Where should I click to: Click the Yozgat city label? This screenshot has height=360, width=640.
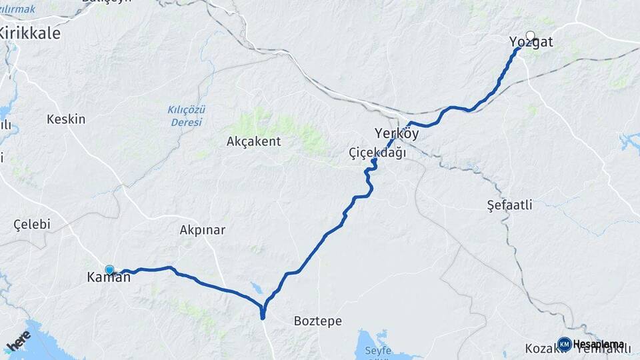pyautogui.click(x=531, y=43)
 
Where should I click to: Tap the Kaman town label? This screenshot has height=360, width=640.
pyautogui.click(x=109, y=278)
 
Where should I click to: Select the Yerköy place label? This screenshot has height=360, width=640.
pyautogui.click(x=397, y=133)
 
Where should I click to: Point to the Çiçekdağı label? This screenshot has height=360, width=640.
pyautogui.click(x=377, y=153)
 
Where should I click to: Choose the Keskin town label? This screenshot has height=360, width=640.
pyautogui.click(x=66, y=119)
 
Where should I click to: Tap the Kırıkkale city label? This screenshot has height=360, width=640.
pyautogui.click(x=30, y=33)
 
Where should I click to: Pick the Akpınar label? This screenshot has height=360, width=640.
pyautogui.click(x=203, y=230)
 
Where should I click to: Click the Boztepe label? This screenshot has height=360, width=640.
pyautogui.click(x=318, y=321)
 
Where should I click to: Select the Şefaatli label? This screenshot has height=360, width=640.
pyautogui.click(x=509, y=205)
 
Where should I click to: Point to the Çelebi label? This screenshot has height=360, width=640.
pyautogui.click(x=32, y=225)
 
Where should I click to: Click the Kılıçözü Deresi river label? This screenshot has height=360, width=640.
pyautogui.click(x=185, y=116)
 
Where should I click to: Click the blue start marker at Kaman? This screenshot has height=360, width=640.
pyautogui.click(x=109, y=270)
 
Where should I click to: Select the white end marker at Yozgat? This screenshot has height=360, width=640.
pyautogui.click(x=530, y=36)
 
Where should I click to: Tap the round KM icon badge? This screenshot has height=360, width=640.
pyautogui.click(x=565, y=344)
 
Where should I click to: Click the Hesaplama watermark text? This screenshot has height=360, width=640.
pyautogui.click(x=598, y=344)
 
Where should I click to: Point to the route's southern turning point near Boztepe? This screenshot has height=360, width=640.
pyautogui.click(x=263, y=315)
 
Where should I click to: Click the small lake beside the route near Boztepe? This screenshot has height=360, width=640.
pyautogui.click(x=257, y=289)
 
